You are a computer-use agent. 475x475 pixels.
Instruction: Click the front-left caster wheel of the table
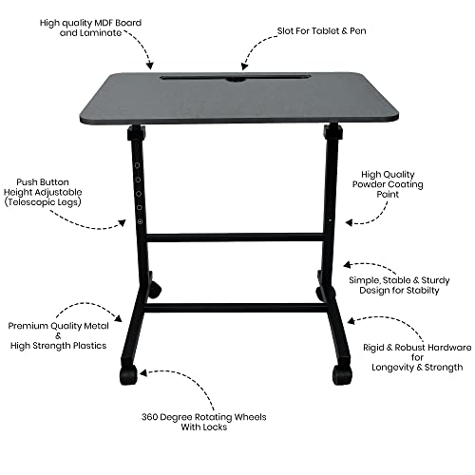(128, 375)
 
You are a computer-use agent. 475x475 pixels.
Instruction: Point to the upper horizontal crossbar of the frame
(237, 236)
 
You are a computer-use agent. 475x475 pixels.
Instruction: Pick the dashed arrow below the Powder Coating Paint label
(362, 219)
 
